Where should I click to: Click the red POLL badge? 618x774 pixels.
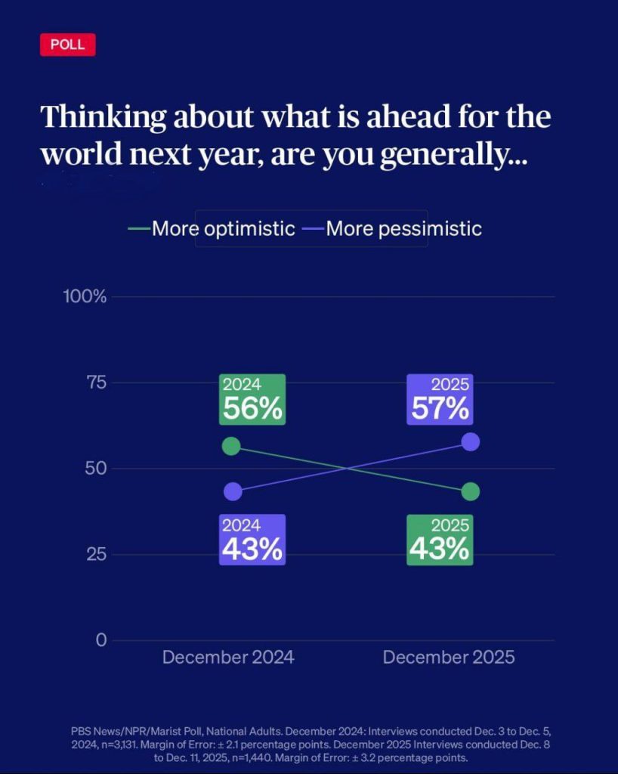click(68, 45)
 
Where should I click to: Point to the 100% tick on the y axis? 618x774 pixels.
click(85, 296)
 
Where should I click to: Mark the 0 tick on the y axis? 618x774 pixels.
click(100, 640)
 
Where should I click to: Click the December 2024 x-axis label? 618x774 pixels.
click(228, 657)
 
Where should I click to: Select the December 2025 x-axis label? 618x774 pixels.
click(449, 657)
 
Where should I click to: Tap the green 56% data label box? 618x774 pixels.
click(252, 400)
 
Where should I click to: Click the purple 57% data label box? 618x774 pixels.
click(440, 400)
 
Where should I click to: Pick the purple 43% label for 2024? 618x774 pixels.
click(252, 540)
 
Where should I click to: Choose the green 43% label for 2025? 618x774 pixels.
click(440, 540)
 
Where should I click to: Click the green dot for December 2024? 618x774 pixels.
click(232, 446)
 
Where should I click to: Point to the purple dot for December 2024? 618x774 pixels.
click(233, 491)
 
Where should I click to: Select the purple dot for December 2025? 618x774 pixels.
click(470, 442)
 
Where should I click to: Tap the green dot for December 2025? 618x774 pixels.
click(470, 491)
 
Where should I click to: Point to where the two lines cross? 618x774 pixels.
click(348, 469)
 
